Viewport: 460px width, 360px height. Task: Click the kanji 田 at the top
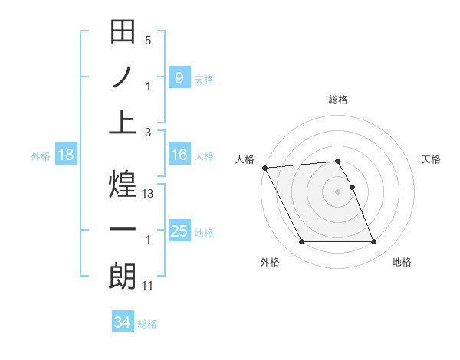[x=123, y=34]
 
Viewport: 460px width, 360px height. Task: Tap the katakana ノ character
[x=123, y=77]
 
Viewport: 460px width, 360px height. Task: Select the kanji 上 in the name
[x=123, y=122]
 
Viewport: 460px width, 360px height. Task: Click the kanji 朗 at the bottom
[x=123, y=276]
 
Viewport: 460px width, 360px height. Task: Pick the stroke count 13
[x=149, y=195]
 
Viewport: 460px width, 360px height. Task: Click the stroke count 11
[x=149, y=286]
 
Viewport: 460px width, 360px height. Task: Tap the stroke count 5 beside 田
[x=148, y=41]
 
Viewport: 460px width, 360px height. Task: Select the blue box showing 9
[x=179, y=77]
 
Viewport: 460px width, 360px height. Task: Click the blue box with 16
[x=179, y=155]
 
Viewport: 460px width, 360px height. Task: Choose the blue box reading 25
[x=179, y=231]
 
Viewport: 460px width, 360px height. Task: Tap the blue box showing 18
[x=66, y=155]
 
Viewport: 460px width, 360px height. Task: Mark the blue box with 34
[x=122, y=322]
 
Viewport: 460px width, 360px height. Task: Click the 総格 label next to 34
[x=147, y=324]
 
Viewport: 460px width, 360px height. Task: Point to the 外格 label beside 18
[x=41, y=156]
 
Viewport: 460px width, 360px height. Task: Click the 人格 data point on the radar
[x=264, y=168]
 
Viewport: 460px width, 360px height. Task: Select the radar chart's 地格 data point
[x=373, y=242]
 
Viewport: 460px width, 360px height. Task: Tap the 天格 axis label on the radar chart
[x=431, y=159]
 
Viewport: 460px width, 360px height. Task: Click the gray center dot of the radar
[x=337, y=191]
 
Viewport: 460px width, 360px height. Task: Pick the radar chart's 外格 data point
[x=301, y=242]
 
